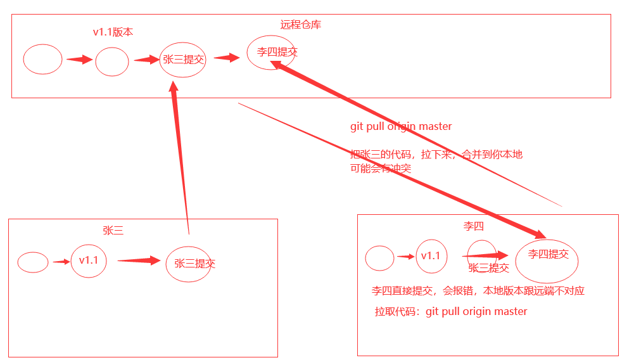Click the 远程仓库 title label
pyautogui.click(x=301, y=25)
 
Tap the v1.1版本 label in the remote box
pyautogui.click(x=113, y=32)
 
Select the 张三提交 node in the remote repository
pyautogui.click(x=183, y=60)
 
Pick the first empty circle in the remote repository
pyautogui.click(x=42, y=59)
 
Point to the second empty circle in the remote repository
pyautogui.click(x=112, y=62)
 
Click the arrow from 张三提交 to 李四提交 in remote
pyautogui.click(x=227, y=58)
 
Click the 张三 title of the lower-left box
pyautogui.click(x=113, y=231)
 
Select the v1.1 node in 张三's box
pyautogui.click(x=89, y=260)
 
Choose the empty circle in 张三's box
pyautogui.click(x=33, y=262)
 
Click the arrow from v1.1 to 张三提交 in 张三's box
pyautogui.click(x=139, y=260)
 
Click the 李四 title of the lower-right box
pyautogui.click(x=474, y=226)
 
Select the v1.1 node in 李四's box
pyautogui.click(x=431, y=256)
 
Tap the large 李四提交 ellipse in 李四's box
pyautogui.click(x=548, y=255)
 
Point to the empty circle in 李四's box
pyautogui.click(x=379, y=258)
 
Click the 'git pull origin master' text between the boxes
pyautogui.click(x=401, y=126)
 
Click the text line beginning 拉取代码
pyautogui.click(x=451, y=312)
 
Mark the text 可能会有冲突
pyautogui.click(x=380, y=169)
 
